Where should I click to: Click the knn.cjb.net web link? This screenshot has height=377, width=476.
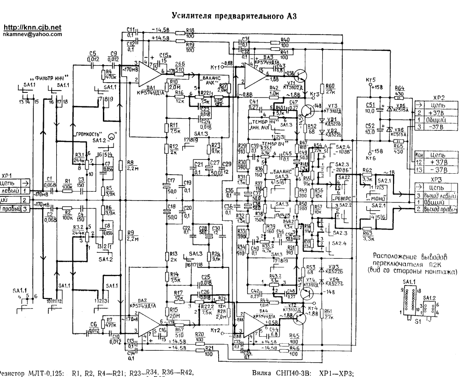(x=32, y=28)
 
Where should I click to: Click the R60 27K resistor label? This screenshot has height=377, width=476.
(x=330, y=88)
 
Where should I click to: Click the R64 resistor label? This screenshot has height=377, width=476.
(x=399, y=89)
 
